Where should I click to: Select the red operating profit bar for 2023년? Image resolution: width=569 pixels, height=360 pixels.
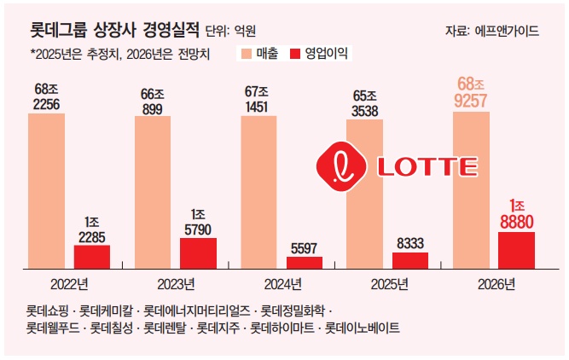click(198, 253)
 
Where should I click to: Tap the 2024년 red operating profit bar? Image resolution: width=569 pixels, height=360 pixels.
click(305, 263)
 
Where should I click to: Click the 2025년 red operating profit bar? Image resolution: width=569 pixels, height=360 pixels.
click(409, 260)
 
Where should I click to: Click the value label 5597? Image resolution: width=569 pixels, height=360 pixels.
click(305, 247)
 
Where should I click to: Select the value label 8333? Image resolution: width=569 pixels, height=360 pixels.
click(409, 243)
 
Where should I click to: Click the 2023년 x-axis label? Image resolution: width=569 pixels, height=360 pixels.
click(177, 283)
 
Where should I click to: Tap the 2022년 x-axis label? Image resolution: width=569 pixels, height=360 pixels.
click(69, 283)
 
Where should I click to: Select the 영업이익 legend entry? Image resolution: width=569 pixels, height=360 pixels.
click(320, 53)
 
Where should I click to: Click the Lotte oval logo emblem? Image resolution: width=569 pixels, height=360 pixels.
click(341, 165)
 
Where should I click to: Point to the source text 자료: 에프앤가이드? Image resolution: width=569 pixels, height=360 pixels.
click(491, 31)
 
